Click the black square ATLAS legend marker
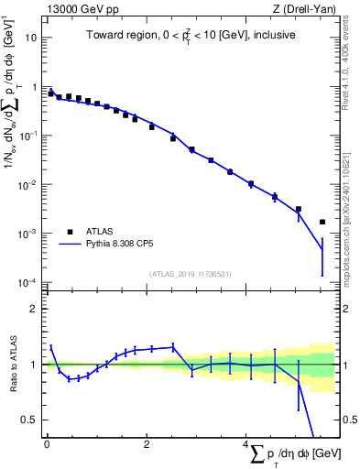coord(70,232)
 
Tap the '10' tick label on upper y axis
coord(32,38)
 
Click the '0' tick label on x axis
coord(47,444)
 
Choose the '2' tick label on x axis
coord(147,444)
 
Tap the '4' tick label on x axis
coord(246,444)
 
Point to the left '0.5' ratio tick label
coord(30,420)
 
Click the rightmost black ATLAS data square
coord(322,222)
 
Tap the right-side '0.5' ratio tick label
coord(348,420)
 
